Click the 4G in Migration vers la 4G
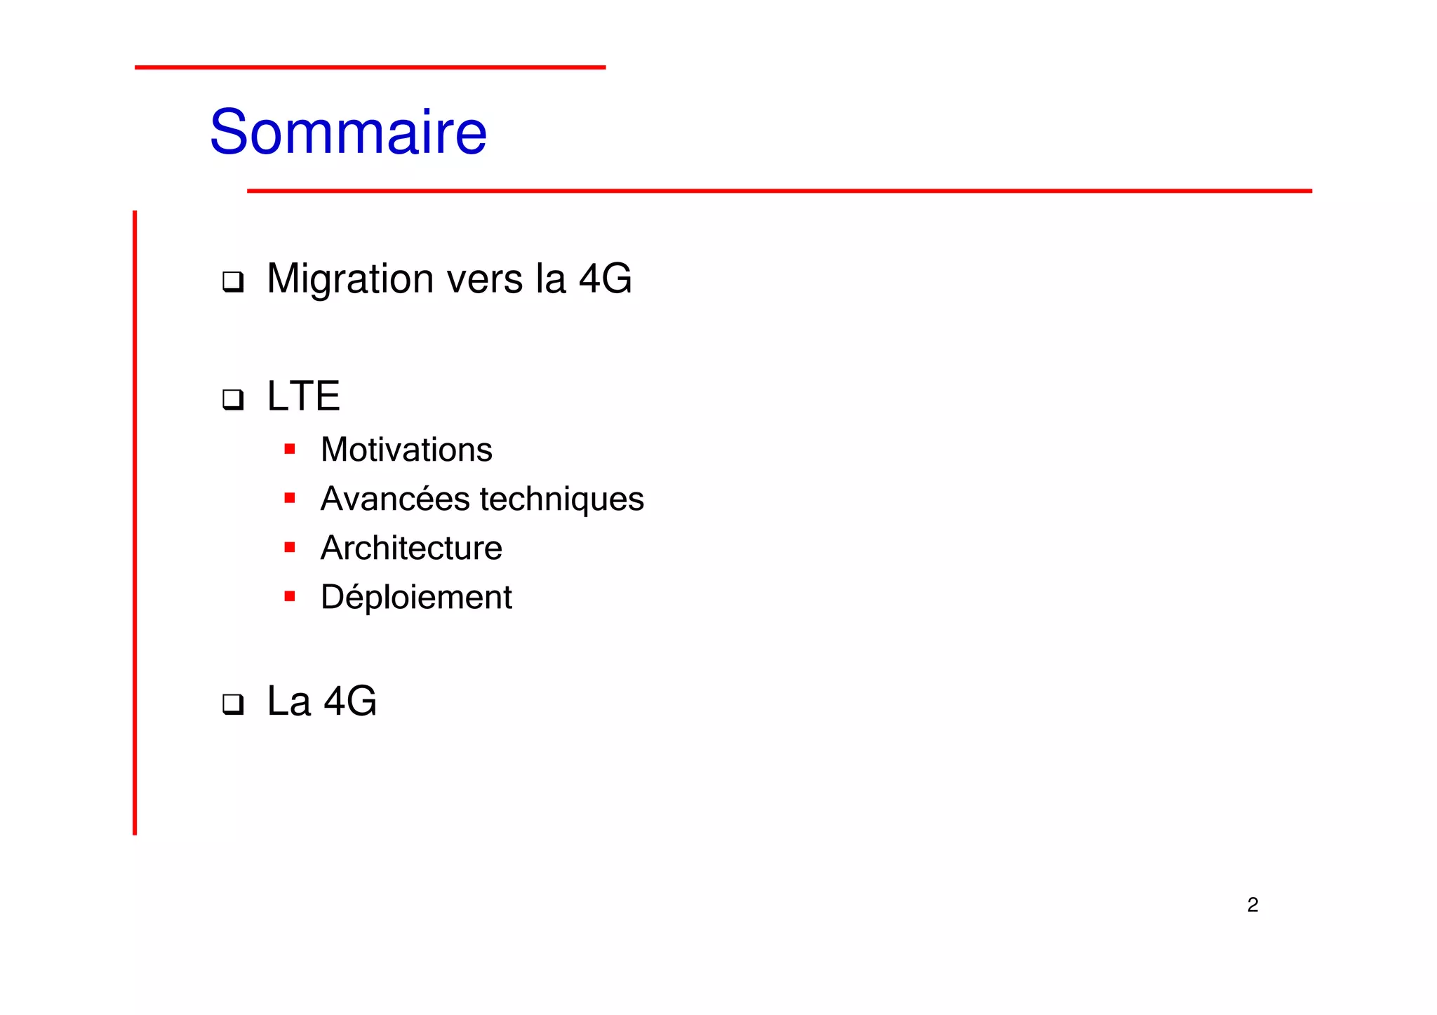[x=605, y=279]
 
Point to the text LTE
[x=303, y=396]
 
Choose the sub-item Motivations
[x=406, y=450]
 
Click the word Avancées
[x=395, y=499]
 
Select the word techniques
[x=561, y=499]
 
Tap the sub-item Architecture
[x=411, y=548]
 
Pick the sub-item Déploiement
[x=416, y=598]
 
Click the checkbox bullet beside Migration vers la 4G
[x=233, y=282]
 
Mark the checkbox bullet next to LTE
[x=233, y=399]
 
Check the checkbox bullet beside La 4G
[x=233, y=704]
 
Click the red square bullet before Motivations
[x=290, y=449]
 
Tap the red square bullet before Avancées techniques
[x=290, y=498]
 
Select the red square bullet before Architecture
[x=290, y=547]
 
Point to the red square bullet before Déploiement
[x=290, y=596]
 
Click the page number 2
[x=1252, y=905]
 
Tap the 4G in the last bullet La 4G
[x=350, y=701]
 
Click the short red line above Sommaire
[x=370, y=67]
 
